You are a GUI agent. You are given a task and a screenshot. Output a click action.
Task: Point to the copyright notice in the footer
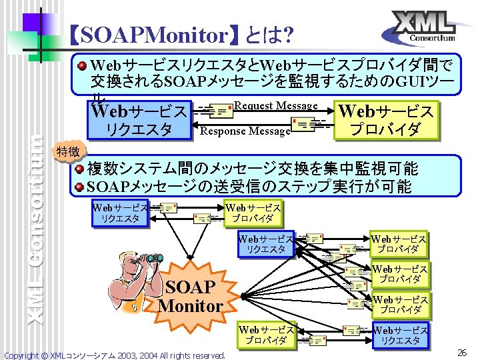tap(115, 355)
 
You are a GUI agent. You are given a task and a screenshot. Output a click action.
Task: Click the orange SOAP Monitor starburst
tap(191, 297)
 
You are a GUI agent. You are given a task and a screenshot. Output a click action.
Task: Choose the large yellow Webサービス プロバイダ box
tap(386, 119)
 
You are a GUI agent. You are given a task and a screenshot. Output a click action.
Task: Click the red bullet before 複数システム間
tap(79, 168)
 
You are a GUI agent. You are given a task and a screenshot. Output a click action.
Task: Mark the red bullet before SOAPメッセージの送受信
tap(79, 186)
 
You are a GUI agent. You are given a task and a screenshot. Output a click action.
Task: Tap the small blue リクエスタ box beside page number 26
tap(399, 335)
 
